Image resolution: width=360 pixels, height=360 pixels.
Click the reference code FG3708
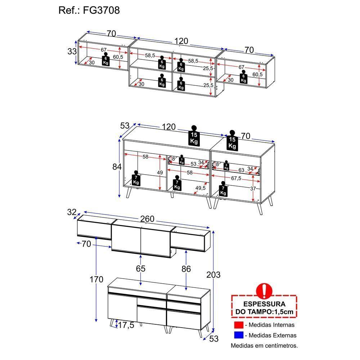(x=101, y=10)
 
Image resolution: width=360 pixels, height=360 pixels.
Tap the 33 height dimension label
(x=72, y=51)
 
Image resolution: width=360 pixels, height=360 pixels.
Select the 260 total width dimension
(x=147, y=219)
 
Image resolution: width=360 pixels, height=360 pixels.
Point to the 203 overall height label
(x=213, y=275)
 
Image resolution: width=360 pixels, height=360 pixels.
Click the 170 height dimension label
(x=96, y=279)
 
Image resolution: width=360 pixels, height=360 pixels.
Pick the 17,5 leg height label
(x=126, y=325)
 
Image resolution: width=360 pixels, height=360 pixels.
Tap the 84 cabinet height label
(x=117, y=167)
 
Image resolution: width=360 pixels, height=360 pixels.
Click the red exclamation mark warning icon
(x=264, y=291)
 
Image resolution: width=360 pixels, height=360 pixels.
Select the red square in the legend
(x=239, y=325)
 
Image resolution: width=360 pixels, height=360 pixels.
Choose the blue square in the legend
(x=239, y=335)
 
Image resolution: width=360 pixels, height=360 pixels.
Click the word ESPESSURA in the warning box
(x=264, y=304)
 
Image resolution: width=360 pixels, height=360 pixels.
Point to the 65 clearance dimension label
(x=140, y=269)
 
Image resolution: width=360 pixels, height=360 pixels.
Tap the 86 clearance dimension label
(x=186, y=269)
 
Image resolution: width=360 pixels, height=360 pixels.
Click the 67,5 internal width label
(x=236, y=178)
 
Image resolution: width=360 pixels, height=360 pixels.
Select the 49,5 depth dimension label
(x=201, y=188)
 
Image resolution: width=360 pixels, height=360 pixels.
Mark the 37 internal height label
(x=253, y=189)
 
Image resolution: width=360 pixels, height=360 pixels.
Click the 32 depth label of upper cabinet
(x=72, y=212)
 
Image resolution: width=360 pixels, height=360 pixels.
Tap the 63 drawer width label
(x=241, y=170)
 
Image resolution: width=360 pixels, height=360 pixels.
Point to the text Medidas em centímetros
(x=264, y=346)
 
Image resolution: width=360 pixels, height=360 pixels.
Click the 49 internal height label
(x=160, y=172)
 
